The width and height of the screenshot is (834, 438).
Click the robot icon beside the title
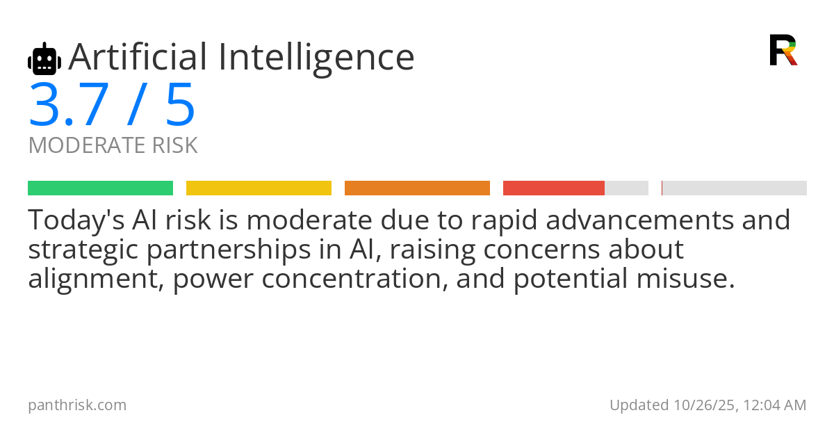pyautogui.click(x=44, y=59)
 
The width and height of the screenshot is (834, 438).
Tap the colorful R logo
pyautogui.click(x=783, y=50)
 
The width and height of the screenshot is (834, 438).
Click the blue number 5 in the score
pyautogui.click(x=180, y=106)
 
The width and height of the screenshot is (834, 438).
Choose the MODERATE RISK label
pyautogui.click(x=113, y=146)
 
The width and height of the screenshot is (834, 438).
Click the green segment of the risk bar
pyautogui.click(x=100, y=188)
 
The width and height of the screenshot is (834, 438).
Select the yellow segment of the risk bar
pyautogui.click(x=259, y=188)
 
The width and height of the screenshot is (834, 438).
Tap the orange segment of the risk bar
pyautogui.click(x=417, y=188)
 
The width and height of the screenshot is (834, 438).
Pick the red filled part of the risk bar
pyautogui.click(x=553, y=188)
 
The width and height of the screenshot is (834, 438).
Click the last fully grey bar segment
pyautogui.click(x=735, y=188)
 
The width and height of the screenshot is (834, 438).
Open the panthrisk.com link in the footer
pyautogui.click(x=77, y=405)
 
